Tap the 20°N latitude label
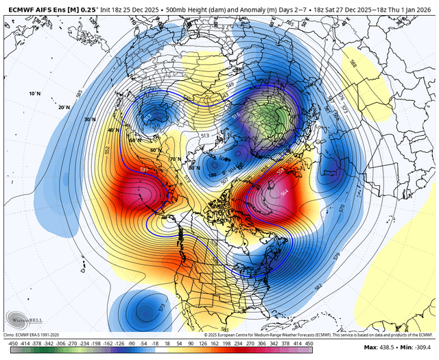click(45, 107)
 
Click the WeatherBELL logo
click(23, 319)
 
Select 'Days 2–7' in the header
click(292, 5)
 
